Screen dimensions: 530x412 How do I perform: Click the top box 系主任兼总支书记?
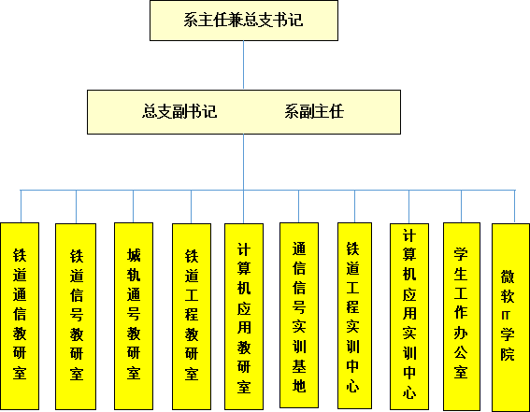point(244,21)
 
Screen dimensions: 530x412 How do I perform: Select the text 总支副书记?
point(179,111)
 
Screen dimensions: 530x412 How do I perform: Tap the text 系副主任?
point(314,111)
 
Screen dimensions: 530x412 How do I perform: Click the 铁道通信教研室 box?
point(20,316)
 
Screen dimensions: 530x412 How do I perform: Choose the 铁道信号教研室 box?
point(76,317)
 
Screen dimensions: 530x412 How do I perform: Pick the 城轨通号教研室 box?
point(134,316)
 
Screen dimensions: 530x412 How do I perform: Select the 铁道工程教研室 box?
point(192,317)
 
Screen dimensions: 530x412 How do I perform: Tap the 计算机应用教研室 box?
point(244,317)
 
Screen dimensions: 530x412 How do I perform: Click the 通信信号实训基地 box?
point(299,315)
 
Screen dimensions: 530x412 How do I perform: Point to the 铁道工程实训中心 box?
point(354,316)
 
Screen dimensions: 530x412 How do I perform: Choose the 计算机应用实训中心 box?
point(409,317)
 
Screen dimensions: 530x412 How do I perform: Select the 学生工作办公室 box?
point(462,317)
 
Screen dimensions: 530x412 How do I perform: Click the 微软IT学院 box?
point(510,318)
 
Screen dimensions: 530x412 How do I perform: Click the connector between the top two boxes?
point(243,64)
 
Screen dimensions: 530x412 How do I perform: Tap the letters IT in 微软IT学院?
point(506,316)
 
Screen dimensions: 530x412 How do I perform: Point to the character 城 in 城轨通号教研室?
point(134,255)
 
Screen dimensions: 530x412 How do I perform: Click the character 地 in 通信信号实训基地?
point(299,385)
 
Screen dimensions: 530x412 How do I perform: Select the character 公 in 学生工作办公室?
point(461,352)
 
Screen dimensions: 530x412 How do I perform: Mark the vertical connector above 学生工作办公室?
point(462,206)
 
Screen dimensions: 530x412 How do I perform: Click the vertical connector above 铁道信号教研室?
point(76,206)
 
